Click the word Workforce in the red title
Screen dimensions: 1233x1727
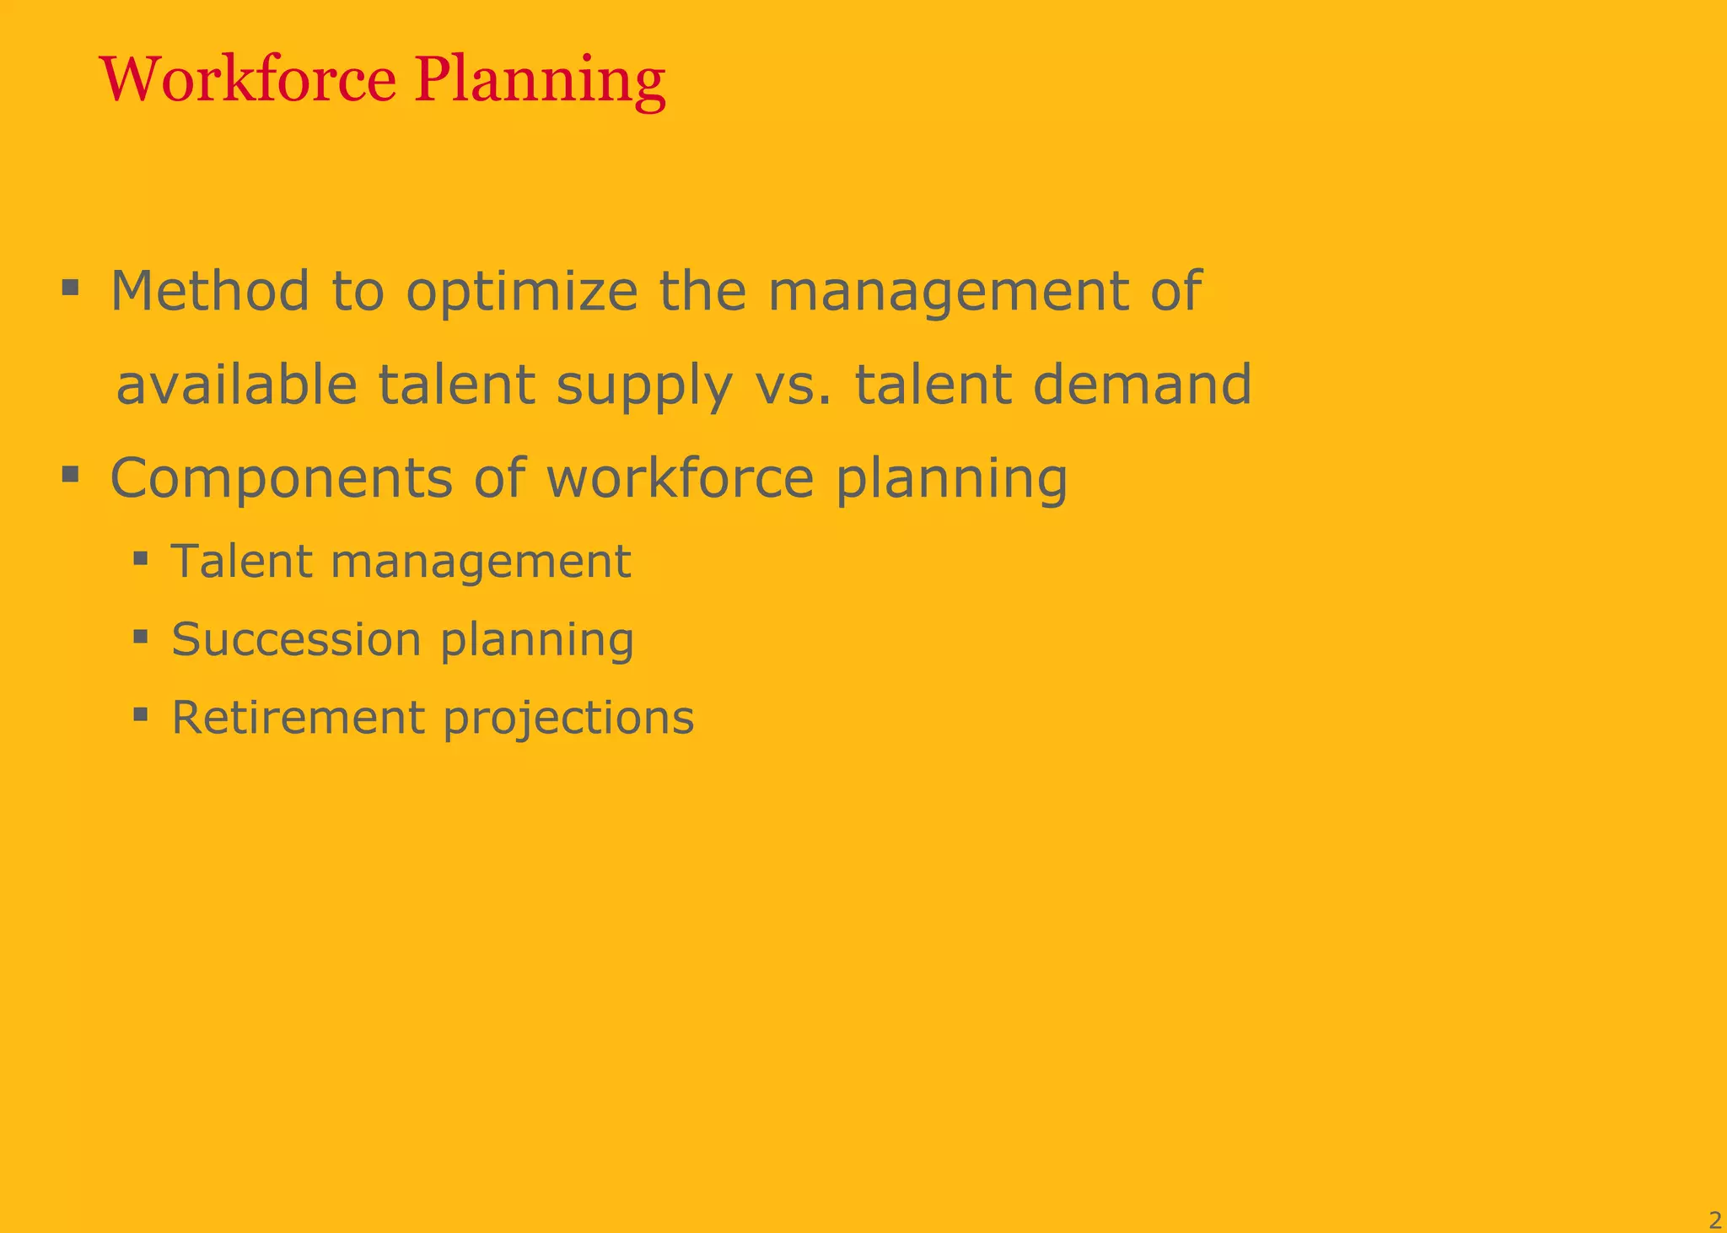coord(248,79)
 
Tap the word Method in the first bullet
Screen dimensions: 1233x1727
coord(210,291)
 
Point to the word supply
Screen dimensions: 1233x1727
coord(644,386)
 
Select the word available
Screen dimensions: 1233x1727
coord(237,385)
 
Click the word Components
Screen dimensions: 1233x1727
coord(282,479)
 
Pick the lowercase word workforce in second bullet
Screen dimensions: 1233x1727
coord(680,478)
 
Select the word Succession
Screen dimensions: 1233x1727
coord(296,639)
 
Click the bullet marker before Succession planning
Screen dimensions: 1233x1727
coord(141,636)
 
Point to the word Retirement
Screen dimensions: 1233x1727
coord(299,718)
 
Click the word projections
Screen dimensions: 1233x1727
coord(568,719)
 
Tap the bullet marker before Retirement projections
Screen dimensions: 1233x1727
coord(141,715)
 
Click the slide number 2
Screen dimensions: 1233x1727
coord(1714,1220)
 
